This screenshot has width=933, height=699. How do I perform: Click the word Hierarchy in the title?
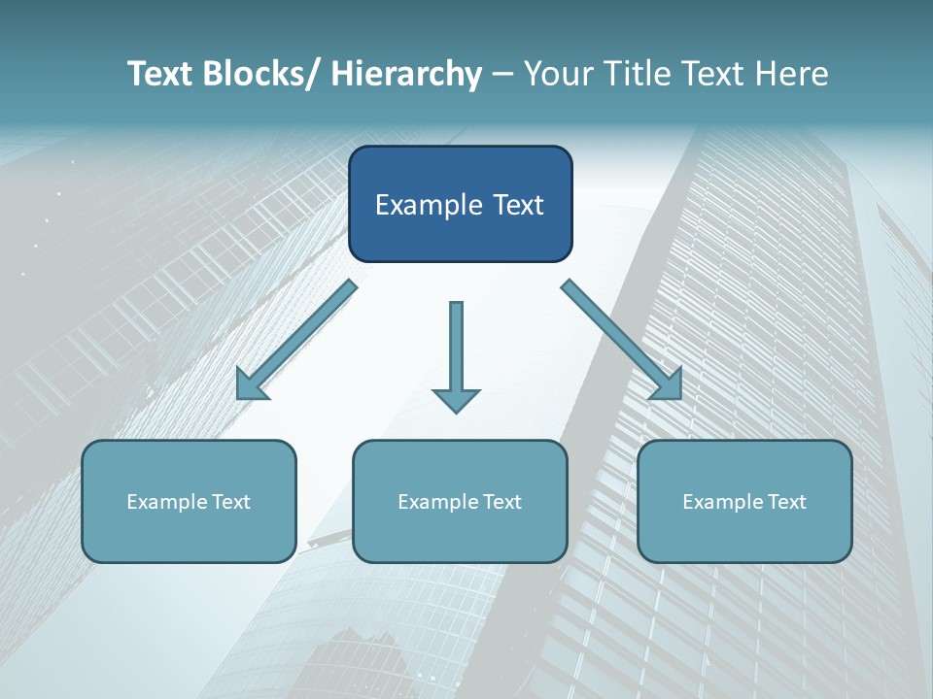[x=406, y=75]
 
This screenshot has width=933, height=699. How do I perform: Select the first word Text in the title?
[x=162, y=75]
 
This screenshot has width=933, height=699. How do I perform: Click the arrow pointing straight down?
[x=456, y=349]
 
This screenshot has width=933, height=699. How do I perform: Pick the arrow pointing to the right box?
[x=622, y=340]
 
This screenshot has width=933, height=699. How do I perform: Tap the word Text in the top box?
[x=517, y=206]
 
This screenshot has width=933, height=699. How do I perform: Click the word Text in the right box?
[x=786, y=502]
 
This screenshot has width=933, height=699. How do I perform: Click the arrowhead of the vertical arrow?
[x=456, y=399]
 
